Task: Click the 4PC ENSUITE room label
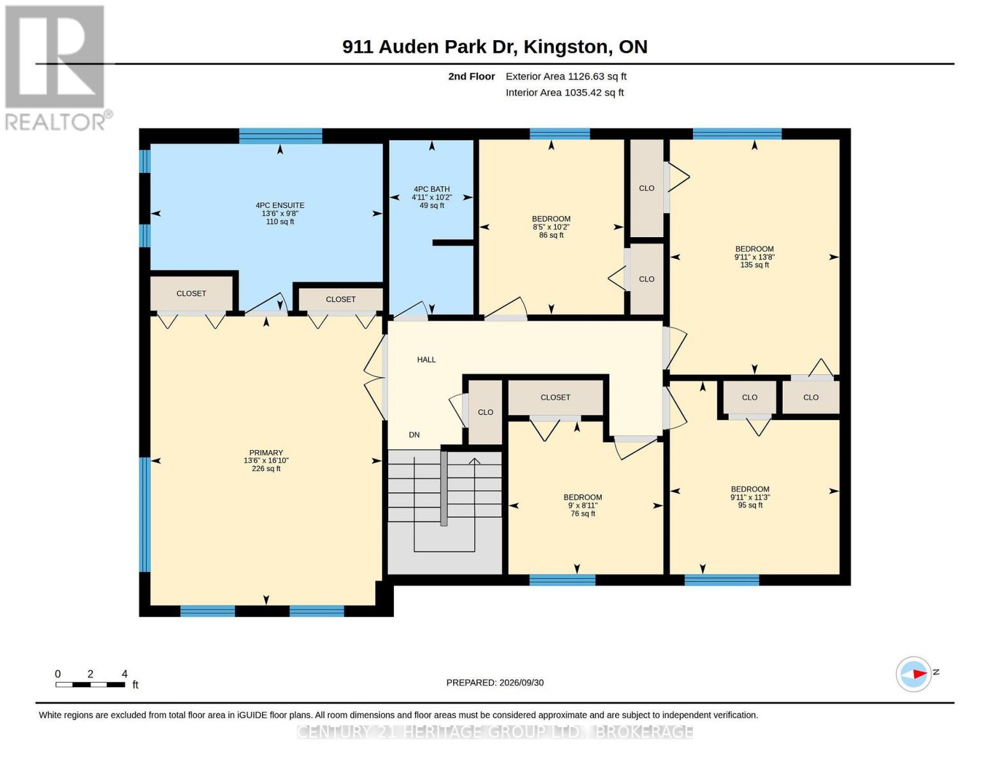[280, 213]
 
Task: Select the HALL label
[426, 360]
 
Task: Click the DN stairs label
[414, 435]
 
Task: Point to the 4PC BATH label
[432, 197]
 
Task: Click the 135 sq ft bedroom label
[755, 256]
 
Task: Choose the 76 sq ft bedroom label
[583, 505]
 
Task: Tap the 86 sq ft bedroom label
[551, 226]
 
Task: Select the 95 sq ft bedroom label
[750, 497]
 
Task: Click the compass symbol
[914, 674]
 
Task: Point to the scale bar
[91, 684]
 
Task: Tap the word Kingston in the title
[566, 47]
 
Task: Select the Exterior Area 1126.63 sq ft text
[566, 76]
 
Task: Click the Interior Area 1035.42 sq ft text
[564, 92]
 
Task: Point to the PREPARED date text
[495, 683]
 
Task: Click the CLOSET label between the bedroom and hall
[555, 397]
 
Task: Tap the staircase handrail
[444, 488]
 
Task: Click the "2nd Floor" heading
[472, 76]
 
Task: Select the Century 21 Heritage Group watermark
[495, 732]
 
